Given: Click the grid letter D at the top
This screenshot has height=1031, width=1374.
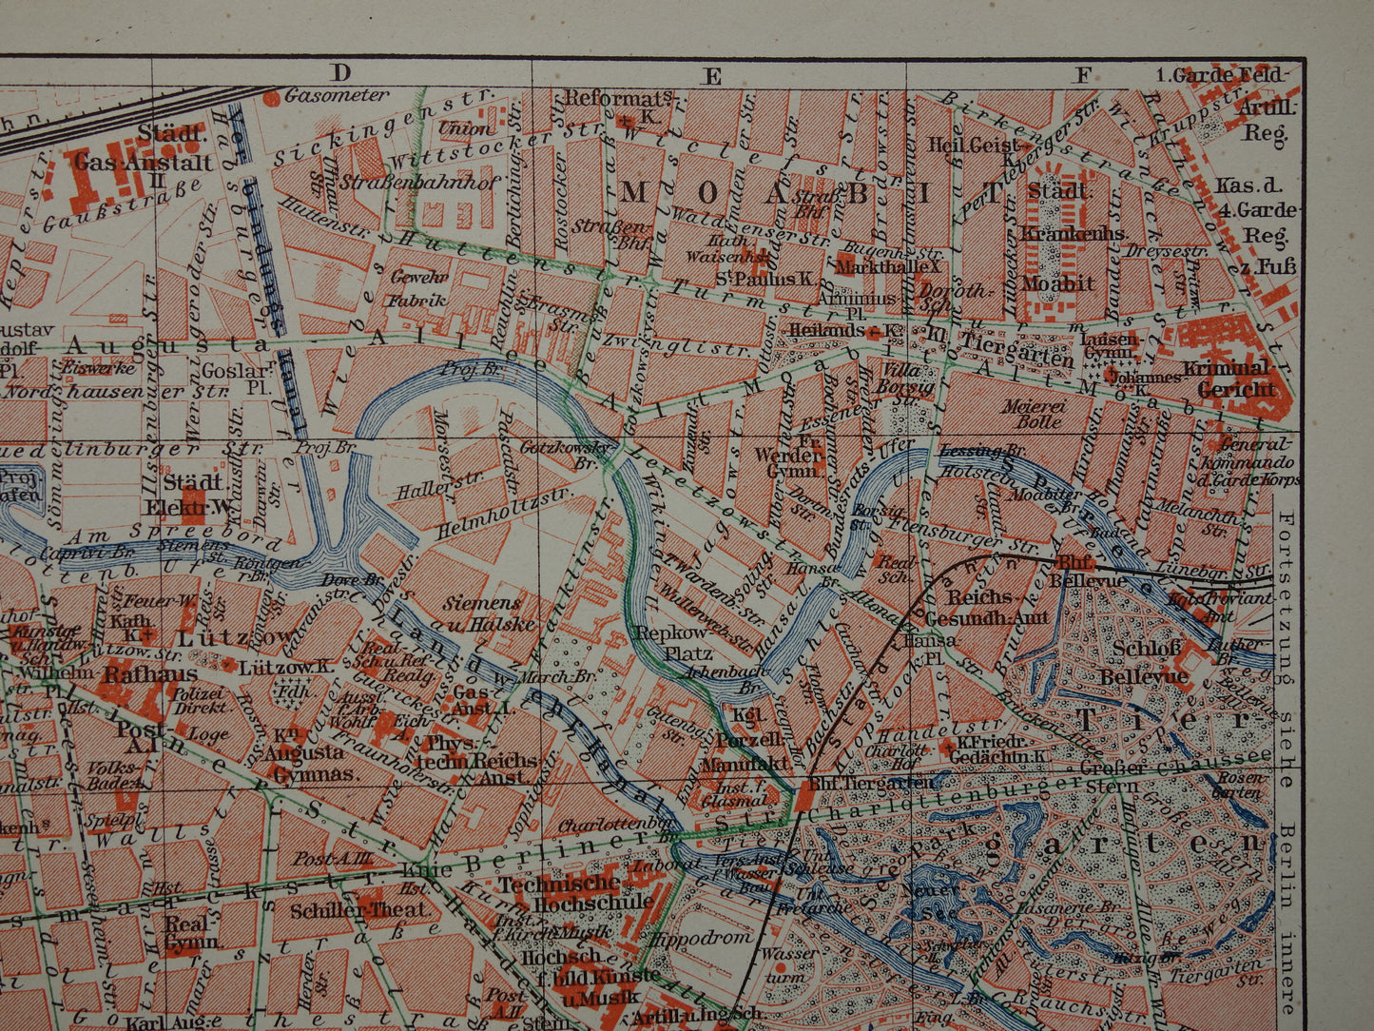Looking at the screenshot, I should click(340, 72).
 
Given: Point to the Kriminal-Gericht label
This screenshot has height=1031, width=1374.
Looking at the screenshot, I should click(1234, 379).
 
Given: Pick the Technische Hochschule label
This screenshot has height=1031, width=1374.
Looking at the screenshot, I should click(576, 892).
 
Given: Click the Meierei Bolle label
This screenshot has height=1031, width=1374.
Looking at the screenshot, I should click(1031, 413).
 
